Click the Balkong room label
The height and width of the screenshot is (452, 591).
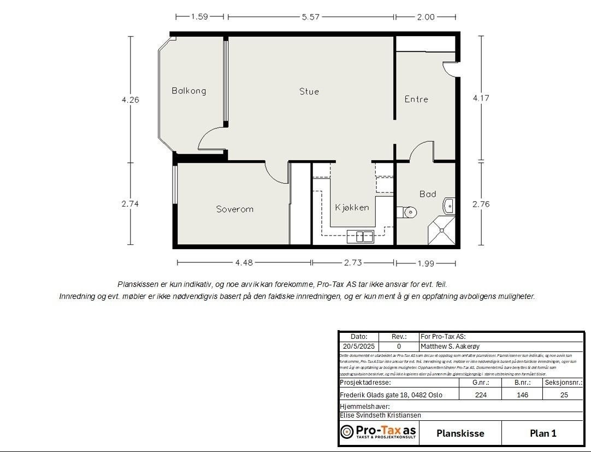pos(188,91)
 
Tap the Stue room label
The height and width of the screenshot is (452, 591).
pos(309,91)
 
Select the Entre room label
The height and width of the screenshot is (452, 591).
pos(416,99)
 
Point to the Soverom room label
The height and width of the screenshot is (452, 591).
pos(234,209)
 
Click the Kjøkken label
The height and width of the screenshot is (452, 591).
pos(352,207)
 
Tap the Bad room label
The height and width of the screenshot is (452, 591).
pos(428,194)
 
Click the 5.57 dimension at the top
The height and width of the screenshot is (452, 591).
pos(310,17)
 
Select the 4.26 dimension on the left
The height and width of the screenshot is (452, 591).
pos(130,100)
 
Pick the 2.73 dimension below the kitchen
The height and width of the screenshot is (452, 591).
pos(352,263)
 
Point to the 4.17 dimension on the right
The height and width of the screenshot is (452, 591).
pos(481,98)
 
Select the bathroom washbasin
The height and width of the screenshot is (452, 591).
pos(448,206)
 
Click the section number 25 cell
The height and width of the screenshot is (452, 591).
pos(563,395)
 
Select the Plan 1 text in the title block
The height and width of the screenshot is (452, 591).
pos(542,433)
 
